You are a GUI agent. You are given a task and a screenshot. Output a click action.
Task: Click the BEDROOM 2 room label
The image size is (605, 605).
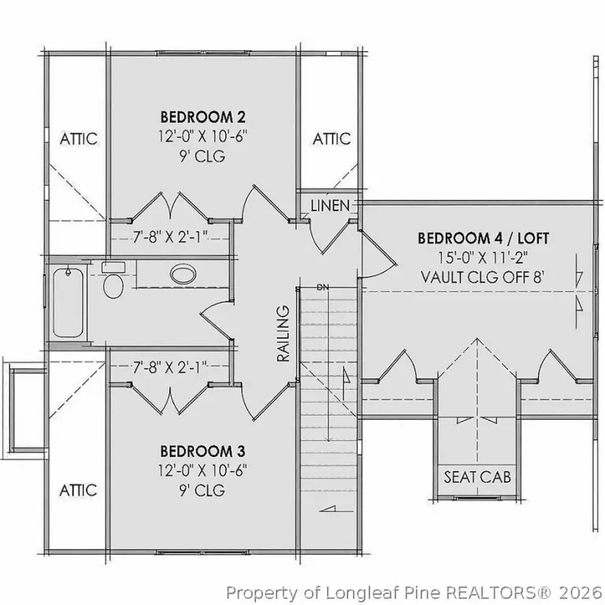point(203,117)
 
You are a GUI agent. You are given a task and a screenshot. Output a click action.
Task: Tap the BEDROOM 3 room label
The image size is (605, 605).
point(202,451)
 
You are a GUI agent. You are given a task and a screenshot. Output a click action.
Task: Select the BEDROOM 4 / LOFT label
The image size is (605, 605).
point(483,238)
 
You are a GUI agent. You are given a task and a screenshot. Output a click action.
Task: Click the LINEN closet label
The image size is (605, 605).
point(330,206)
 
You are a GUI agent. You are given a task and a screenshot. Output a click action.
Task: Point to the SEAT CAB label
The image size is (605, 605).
point(477,477)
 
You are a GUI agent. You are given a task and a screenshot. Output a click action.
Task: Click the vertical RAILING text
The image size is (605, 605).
point(284,333)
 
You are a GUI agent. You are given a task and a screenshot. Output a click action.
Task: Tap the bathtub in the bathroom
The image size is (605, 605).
point(68,302)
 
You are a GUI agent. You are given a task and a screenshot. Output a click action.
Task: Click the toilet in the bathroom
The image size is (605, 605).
point(113,280)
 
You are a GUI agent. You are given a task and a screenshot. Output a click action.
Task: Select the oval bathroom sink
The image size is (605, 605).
point(183,274)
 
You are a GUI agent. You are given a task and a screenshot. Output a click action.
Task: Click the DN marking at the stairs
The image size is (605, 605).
point(322,288)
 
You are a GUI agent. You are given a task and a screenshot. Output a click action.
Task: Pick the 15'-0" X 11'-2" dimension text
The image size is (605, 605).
point(483,258)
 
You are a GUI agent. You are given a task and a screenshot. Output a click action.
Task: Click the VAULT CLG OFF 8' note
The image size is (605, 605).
point(483,277)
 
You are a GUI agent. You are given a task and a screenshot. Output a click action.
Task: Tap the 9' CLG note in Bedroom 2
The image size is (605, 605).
point(202,156)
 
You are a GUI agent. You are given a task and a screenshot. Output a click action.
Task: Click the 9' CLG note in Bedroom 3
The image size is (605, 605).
point(202,491)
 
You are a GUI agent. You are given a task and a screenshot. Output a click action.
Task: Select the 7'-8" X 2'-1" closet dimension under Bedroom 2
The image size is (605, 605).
point(170,237)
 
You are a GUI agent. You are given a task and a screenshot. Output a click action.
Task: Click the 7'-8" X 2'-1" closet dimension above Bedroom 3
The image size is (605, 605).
point(170,367)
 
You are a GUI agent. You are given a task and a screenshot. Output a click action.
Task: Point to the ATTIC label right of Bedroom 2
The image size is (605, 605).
point(332,139)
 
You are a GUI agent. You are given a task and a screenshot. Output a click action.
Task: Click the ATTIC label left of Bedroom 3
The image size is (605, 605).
point(78,491)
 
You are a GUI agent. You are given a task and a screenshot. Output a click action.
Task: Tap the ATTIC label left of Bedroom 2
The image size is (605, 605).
point(79,139)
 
